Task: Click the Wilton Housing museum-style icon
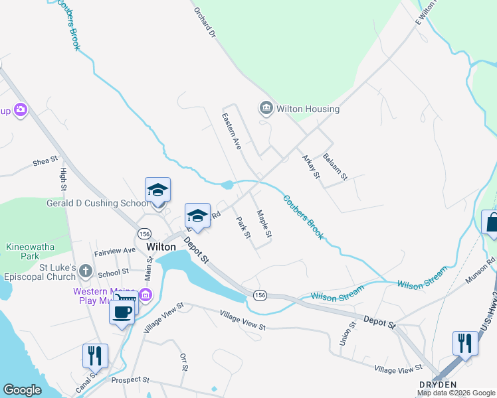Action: (x=266, y=108)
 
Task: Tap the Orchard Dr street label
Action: (x=205, y=21)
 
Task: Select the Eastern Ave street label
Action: (x=231, y=131)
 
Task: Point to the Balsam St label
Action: (x=335, y=166)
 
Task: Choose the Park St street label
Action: (x=243, y=227)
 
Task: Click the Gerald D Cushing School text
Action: (x=98, y=203)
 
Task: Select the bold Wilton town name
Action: (x=161, y=247)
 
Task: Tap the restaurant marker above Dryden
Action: (x=464, y=343)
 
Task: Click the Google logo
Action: (x=22, y=390)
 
